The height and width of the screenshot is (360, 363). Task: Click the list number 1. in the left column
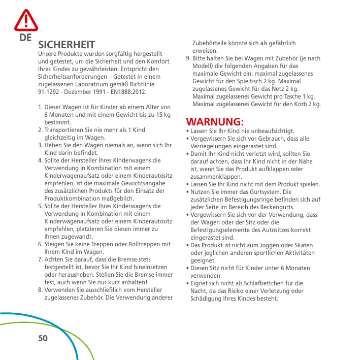pos(41,108)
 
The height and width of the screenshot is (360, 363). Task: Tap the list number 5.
pos(41,206)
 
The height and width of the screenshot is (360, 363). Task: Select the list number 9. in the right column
pos(189,58)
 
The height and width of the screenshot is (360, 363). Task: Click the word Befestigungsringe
pos(245,199)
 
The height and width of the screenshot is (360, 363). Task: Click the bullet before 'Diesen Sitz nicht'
pos(188,268)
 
